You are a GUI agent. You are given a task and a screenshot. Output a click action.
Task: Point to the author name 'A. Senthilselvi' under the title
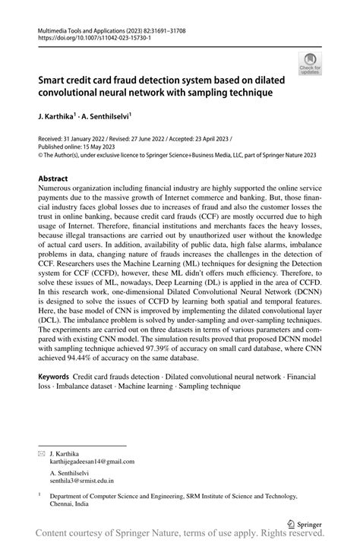click(x=109, y=117)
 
